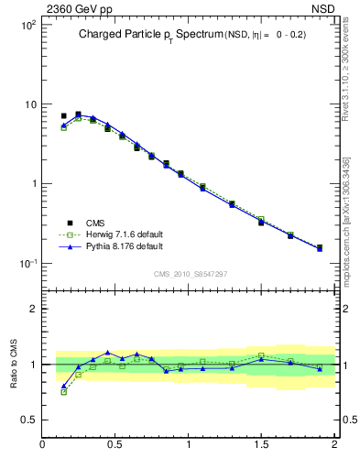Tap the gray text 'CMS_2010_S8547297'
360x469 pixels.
pos(191,274)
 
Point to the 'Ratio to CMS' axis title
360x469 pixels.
pos(15,365)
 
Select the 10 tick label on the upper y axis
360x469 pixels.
pos(29,104)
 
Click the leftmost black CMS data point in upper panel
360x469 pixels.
pos(63,116)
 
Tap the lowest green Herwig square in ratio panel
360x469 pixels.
pos(63,391)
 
